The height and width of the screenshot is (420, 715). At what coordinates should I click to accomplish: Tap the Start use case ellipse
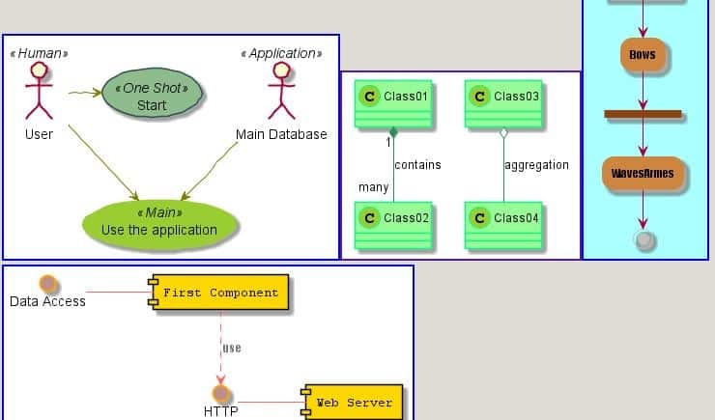click(x=153, y=96)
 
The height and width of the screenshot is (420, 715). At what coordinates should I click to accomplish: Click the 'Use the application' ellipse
click(x=159, y=222)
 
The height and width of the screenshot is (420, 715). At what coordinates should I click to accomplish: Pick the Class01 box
click(x=392, y=103)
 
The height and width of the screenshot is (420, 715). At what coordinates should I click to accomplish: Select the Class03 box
click(x=502, y=103)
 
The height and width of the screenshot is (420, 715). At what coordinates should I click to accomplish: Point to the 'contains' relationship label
click(x=417, y=165)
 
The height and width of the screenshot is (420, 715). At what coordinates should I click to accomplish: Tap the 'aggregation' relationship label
click(x=536, y=165)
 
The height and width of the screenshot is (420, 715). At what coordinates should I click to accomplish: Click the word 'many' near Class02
click(x=373, y=187)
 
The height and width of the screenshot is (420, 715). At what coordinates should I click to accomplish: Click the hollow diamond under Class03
click(x=503, y=133)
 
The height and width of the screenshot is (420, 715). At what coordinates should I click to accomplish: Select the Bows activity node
click(x=643, y=55)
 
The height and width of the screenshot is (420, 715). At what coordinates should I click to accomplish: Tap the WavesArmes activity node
click(x=643, y=174)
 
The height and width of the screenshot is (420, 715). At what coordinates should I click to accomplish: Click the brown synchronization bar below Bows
click(x=643, y=114)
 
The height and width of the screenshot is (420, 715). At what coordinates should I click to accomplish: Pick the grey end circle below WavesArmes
click(x=643, y=239)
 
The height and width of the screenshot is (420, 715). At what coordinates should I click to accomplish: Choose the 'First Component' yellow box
click(x=219, y=294)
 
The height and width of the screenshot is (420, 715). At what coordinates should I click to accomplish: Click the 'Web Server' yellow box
click(x=353, y=403)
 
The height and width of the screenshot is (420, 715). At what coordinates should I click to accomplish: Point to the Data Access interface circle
click(x=48, y=284)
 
